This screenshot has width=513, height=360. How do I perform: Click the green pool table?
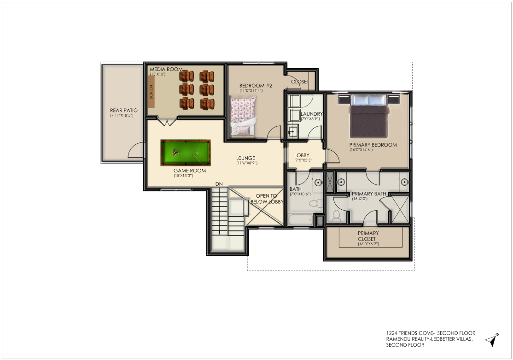(186, 153)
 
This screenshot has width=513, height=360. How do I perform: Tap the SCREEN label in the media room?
(151, 92)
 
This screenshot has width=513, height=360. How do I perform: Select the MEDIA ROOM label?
(166, 69)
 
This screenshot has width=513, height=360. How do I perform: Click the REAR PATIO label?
(124, 110)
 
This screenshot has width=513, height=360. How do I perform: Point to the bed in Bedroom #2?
(243, 116)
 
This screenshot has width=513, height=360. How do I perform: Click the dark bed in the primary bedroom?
(369, 116)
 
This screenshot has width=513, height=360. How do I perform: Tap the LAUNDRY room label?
(311, 114)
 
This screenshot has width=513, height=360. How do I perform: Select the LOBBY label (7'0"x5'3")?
(302, 155)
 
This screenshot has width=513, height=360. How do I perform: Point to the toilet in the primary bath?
(336, 216)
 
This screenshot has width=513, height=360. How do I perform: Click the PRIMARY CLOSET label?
(368, 236)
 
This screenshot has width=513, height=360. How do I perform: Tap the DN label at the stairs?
(219, 184)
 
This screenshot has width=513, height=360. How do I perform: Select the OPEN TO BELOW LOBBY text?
(267, 199)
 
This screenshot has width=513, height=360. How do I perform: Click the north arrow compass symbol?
(492, 340)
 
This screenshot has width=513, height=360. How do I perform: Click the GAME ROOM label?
(190, 171)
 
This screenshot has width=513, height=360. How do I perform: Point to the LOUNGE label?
(246, 158)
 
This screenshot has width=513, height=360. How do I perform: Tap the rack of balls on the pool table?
(175, 153)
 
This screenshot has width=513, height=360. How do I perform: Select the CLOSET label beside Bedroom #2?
(300, 82)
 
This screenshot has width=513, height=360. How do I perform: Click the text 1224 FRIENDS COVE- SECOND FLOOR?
(431, 333)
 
